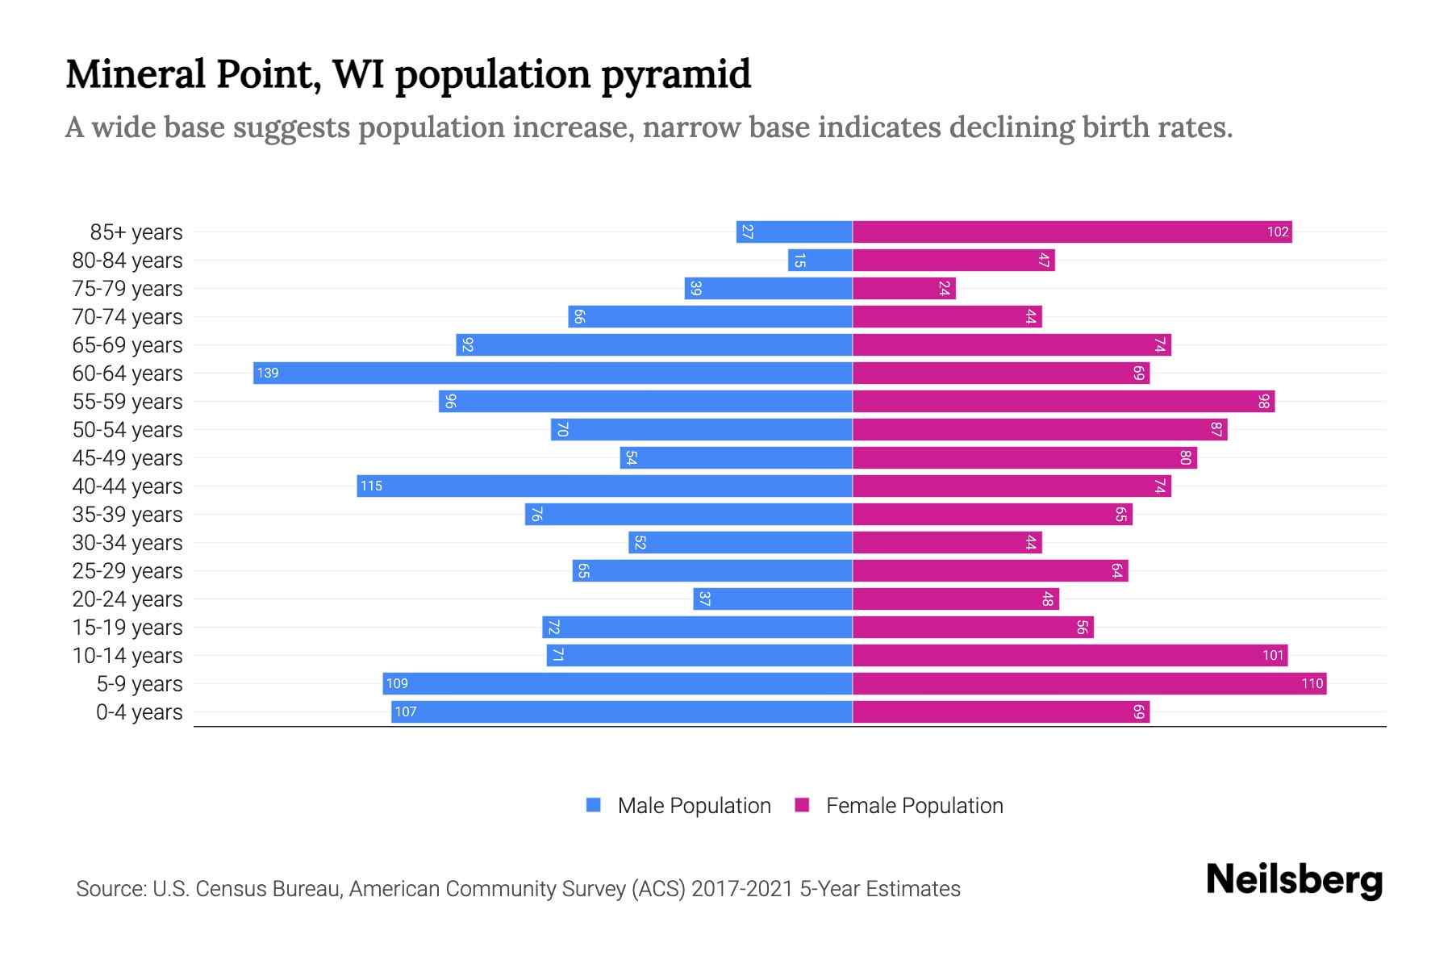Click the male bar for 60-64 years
pyautogui.click(x=553, y=373)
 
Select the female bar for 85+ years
pyautogui.click(x=1071, y=232)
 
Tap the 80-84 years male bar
pyautogui.click(x=820, y=260)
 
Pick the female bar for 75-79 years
pyautogui.click(x=903, y=288)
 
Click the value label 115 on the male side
pyautogui.click(x=371, y=486)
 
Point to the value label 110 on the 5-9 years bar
pyautogui.click(x=1312, y=683)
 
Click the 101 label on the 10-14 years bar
pyautogui.click(x=1273, y=655)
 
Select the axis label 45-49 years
pyautogui.click(x=127, y=457)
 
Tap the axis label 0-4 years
pyautogui.click(x=139, y=711)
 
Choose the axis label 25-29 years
pyautogui.click(x=127, y=570)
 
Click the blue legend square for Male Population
pyautogui.click(x=594, y=805)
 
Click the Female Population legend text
pyautogui.click(x=914, y=805)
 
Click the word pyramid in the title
pyautogui.click(x=676, y=75)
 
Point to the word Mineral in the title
pyautogui.click(x=135, y=74)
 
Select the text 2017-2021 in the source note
pyautogui.click(x=741, y=888)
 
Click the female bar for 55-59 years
pyautogui.click(x=1063, y=401)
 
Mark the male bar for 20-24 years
pyautogui.click(x=773, y=599)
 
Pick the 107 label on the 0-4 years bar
pyautogui.click(x=406, y=711)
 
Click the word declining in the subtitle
pyautogui.click(x=1012, y=127)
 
